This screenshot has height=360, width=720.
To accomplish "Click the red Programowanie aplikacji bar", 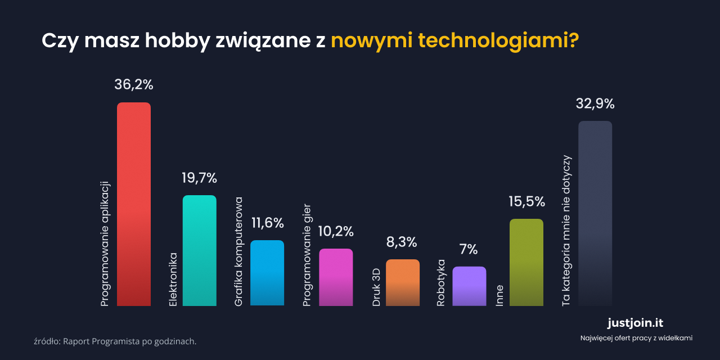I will coord(134,204).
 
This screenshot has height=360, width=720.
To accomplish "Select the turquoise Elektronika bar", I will coord(200,250).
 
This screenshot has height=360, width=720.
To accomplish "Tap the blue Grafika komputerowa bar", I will coord(267,273).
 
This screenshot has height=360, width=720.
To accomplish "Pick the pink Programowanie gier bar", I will coord(336,277).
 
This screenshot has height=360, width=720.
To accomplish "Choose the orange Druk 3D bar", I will coord(403,282).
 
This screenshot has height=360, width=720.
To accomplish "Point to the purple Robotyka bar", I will coord(469,286).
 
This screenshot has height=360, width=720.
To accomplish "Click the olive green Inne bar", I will coord(526,262).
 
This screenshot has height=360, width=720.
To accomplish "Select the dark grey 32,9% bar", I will coord(595,213).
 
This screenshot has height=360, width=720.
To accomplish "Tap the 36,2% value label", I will coord(134,84).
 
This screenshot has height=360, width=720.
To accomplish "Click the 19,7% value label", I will coord(199,178).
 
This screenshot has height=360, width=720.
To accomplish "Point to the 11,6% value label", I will coord(267,223).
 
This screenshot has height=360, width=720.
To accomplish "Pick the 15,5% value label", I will coord(527,201).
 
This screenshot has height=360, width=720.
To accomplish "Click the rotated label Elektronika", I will coord(173,280).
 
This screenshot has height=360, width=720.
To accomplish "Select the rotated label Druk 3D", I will coord(377,287).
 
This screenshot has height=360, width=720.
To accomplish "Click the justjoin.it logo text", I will coord(636,323).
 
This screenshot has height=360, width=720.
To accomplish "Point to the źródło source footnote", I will coord(115,341).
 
